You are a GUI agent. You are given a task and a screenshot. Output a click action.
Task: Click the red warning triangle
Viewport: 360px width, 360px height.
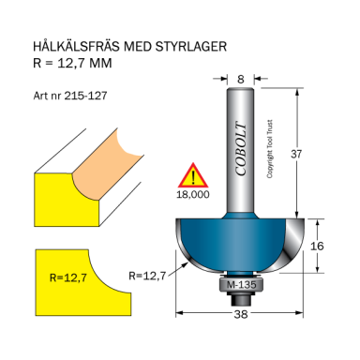tap(193, 175)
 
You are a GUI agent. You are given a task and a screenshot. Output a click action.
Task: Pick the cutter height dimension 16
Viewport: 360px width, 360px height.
tap(318, 246)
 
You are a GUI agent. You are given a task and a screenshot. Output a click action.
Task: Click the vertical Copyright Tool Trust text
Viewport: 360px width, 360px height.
tap(269, 155)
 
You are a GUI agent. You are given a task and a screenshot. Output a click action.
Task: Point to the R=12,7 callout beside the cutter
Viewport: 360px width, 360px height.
tap(147, 275)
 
